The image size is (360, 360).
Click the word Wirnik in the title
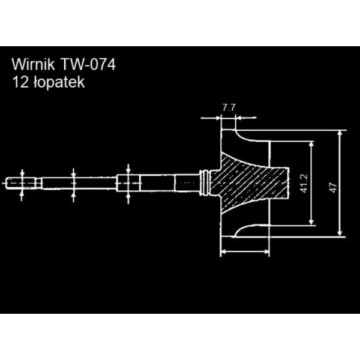tap(33, 65)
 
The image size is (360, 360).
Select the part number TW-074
tap(88, 65)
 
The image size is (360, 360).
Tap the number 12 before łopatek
tap(20, 82)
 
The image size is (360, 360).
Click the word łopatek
tap(59, 82)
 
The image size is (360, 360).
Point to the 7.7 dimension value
tap(229, 108)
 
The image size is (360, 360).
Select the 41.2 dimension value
tap(304, 183)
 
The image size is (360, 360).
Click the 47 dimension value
tap(334, 187)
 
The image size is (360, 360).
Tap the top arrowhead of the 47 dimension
tap(340, 133)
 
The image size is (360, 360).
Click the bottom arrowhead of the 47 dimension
tap(340, 233)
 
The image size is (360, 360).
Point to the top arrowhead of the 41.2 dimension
tap(311, 145)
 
